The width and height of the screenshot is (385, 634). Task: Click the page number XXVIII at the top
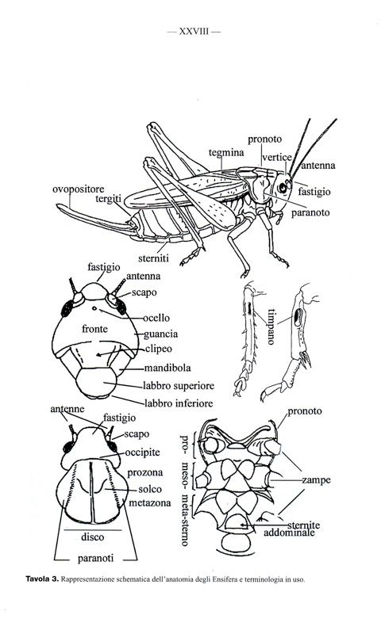coord(194,32)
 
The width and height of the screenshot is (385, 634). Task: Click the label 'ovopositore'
coord(78,189)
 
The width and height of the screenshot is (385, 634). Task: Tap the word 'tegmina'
coord(226,152)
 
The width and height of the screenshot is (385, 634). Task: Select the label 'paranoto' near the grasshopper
coord(310,212)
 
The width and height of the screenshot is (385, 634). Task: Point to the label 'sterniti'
coord(153,258)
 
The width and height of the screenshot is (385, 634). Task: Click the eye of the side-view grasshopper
coord(283,188)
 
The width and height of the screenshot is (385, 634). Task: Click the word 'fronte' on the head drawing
coord(94,329)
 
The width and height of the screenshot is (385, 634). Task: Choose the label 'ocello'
coord(156,319)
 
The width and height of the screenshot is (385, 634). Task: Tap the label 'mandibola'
coord(167,368)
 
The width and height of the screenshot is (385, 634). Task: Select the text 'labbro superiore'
coord(179,386)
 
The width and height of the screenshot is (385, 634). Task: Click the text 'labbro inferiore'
coord(179,403)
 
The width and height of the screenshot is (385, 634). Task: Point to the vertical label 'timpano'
coord(271,327)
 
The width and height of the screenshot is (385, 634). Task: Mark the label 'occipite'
coord(143,453)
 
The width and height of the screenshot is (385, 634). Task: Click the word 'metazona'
coord(150,503)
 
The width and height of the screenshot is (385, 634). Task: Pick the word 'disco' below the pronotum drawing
coord(93,537)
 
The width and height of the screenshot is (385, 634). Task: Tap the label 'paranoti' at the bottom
coord(95,559)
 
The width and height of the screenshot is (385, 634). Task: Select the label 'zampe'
coord(316,480)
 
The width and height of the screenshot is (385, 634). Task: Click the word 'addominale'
coord(289,533)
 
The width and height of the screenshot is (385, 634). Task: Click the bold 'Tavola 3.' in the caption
coord(43,579)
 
